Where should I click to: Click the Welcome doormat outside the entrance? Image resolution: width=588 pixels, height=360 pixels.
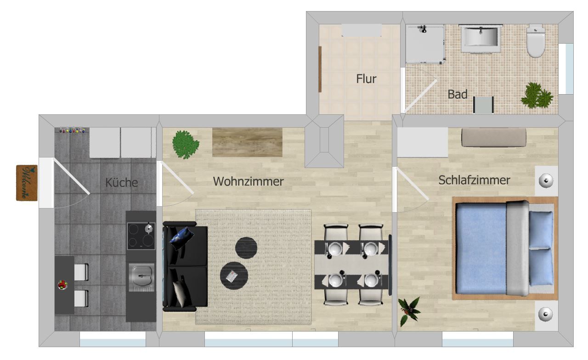[27, 183]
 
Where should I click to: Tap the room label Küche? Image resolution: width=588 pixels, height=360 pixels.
[122, 182]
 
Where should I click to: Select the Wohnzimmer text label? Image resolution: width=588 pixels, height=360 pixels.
[248, 181]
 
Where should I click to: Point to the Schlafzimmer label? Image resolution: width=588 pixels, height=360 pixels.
[474, 180]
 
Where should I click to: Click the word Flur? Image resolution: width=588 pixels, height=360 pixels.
[366, 79]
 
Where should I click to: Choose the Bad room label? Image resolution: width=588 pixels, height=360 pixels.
[457, 94]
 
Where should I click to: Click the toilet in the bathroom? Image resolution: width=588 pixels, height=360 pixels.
[536, 41]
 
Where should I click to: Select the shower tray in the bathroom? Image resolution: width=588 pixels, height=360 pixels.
[425, 44]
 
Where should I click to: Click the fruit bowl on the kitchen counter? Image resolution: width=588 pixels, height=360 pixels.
[62, 285]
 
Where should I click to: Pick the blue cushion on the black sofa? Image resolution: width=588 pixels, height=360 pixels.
[182, 239]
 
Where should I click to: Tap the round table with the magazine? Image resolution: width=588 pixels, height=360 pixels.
[234, 276]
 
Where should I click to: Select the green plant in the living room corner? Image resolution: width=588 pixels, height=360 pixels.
[185, 145]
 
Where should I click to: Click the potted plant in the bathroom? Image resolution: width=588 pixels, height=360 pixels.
[537, 96]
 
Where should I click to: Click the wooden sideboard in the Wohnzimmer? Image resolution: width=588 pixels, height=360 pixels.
[247, 142]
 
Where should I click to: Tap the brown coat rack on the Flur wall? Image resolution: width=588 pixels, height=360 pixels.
[320, 69]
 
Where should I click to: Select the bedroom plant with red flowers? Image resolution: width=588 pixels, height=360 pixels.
[408, 311]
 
